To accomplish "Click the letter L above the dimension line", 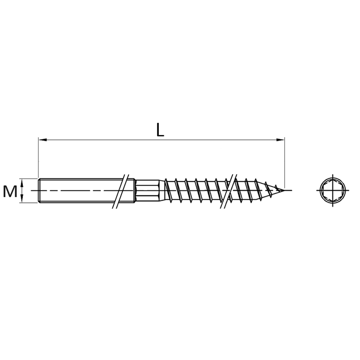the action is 160,130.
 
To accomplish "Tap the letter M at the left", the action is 10,191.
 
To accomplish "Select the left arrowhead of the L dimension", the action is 43,139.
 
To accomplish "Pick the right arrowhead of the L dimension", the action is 280,139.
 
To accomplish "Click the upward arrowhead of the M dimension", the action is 22,183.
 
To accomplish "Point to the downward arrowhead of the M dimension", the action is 22,198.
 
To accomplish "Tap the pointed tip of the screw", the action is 284,190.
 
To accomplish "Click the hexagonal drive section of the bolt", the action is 147,190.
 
